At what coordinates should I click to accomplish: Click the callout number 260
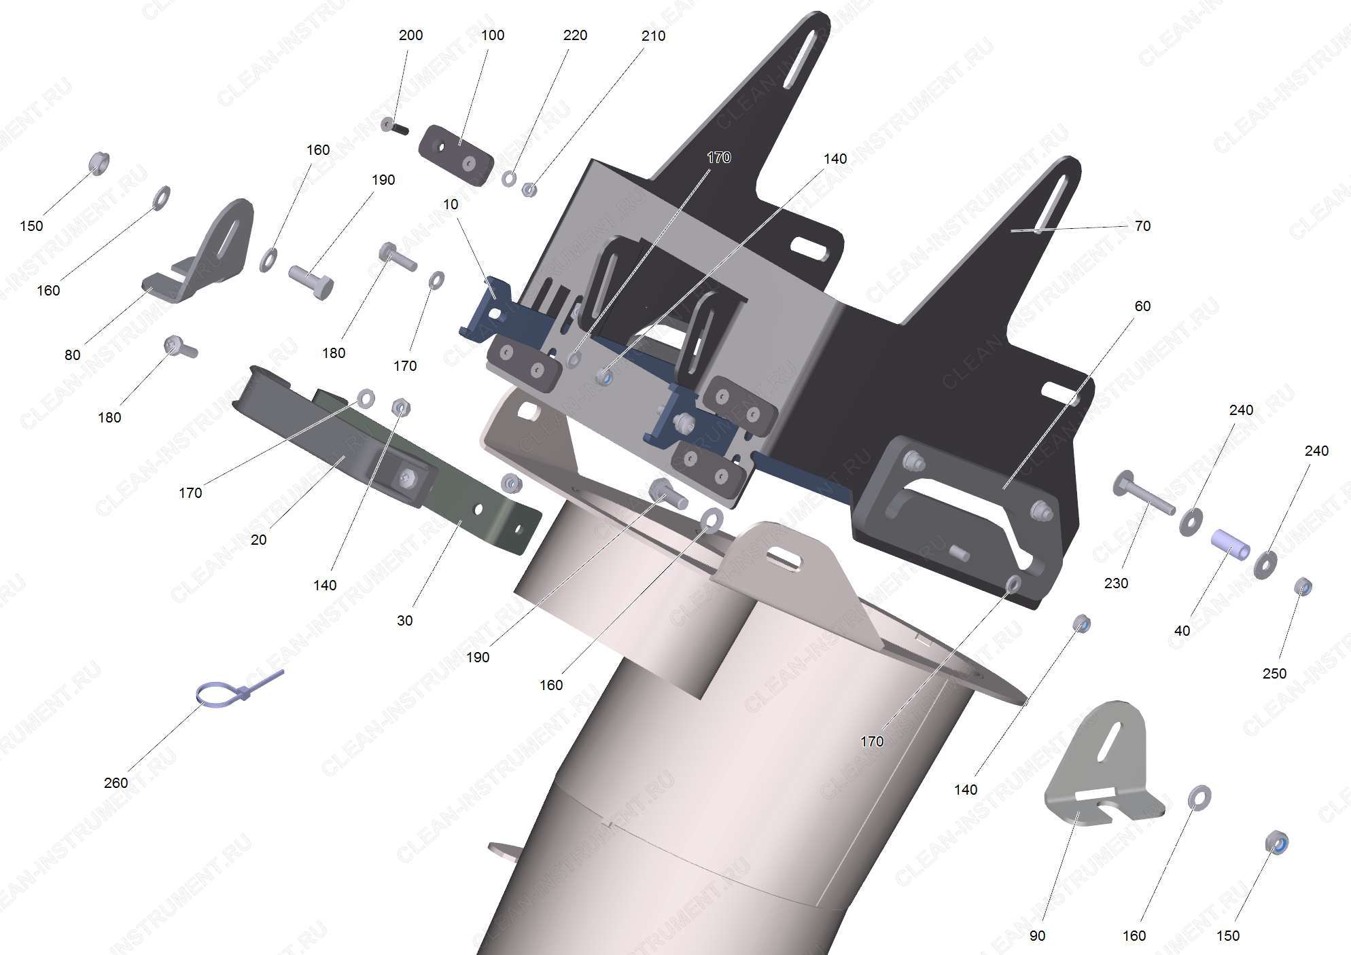(116, 782)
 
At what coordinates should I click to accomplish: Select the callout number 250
(1274, 673)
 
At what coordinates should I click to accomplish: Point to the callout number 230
(1116, 583)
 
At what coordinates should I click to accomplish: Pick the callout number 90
(1037, 935)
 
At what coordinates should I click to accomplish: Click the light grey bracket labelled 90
(1101, 774)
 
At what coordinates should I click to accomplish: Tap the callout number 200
(410, 35)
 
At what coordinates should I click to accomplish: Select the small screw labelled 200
(393, 126)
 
